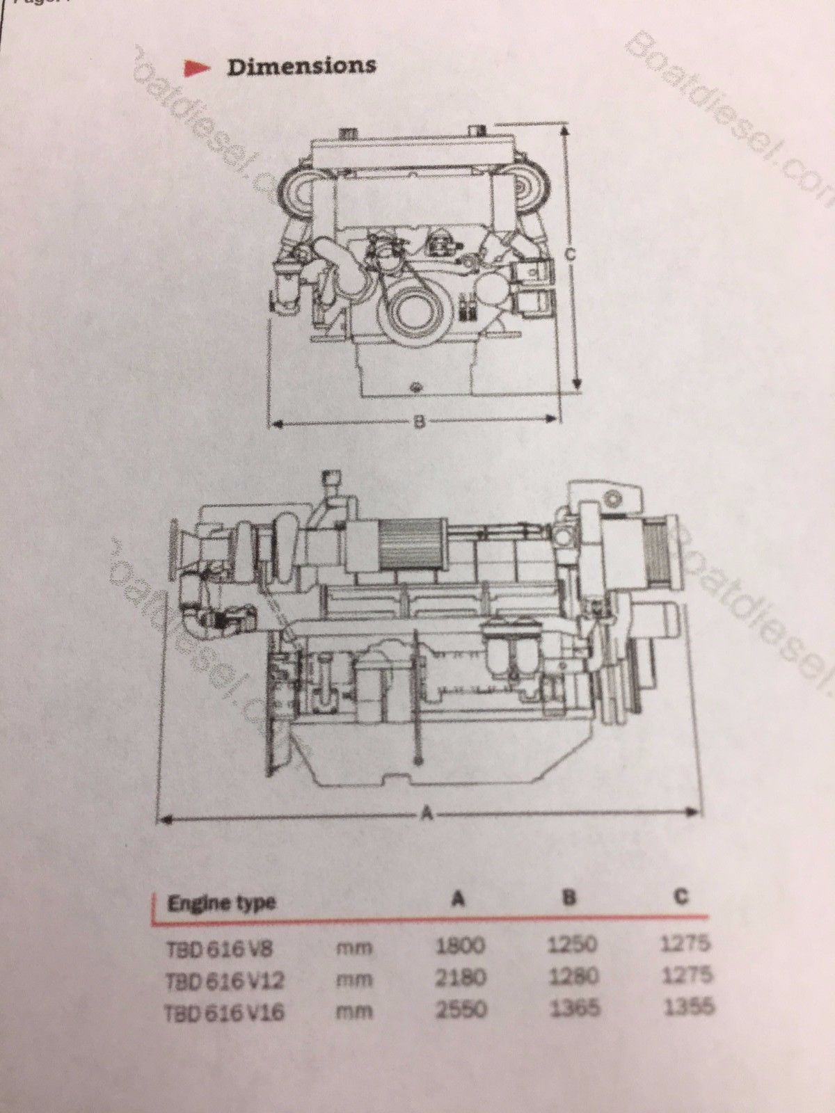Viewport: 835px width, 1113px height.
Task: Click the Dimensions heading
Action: tap(302, 67)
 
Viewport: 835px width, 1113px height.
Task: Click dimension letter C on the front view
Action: tap(568, 255)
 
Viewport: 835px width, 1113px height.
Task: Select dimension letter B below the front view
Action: tap(419, 422)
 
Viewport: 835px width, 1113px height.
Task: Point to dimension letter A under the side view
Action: tap(428, 812)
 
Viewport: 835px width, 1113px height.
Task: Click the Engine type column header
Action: tap(221, 904)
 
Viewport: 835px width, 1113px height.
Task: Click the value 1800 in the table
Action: tap(460, 945)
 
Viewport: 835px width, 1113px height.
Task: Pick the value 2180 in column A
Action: tap(460, 977)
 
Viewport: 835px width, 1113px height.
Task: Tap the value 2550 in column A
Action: tap(461, 1009)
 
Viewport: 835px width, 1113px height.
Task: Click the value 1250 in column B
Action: tap(573, 944)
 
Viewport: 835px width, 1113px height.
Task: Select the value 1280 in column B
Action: tap(573, 976)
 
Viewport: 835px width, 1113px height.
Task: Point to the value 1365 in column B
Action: tap(574, 1008)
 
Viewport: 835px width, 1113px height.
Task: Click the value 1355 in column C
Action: tap(689, 1007)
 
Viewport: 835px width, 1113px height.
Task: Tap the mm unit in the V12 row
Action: tap(354, 979)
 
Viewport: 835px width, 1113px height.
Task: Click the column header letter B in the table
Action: tap(568, 898)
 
